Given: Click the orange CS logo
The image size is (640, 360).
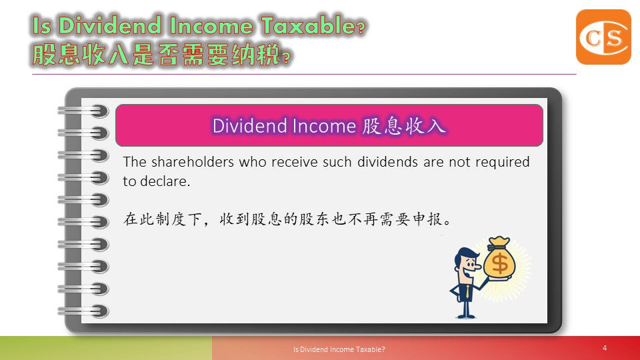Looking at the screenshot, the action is [x=603, y=37].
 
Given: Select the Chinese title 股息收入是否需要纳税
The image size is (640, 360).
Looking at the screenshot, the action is [x=157, y=55].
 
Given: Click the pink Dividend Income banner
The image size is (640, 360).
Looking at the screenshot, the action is [x=329, y=125].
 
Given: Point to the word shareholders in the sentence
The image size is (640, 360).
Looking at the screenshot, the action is [x=193, y=162].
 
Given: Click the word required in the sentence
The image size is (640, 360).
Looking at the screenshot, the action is [x=503, y=163].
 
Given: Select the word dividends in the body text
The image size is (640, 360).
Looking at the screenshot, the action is [x=387, y=162].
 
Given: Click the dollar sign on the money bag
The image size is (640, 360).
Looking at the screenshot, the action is [x=499, y=263].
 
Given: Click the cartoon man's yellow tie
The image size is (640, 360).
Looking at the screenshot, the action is [x=467, y=291].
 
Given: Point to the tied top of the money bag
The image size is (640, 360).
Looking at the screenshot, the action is [x=499, y=243].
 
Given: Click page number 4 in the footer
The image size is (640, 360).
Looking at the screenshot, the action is [x=605, y=348].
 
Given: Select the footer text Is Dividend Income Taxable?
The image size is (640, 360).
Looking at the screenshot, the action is [x=339, y=349].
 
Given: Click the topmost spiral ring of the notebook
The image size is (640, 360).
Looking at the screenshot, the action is [x=84, y=110].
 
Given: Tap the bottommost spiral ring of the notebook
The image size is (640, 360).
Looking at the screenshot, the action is [x=84, y=311].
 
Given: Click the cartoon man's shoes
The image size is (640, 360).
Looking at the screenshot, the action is [x=466, y=315].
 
